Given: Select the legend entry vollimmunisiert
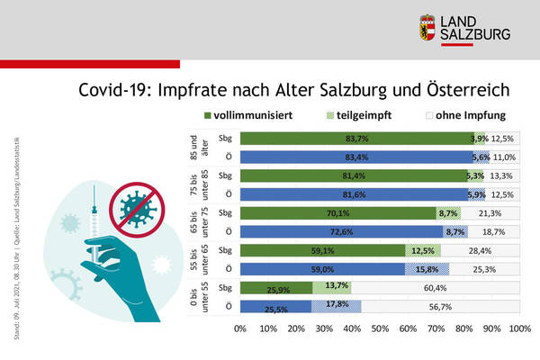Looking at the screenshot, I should [x=257, y=115].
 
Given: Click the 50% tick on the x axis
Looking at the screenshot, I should [x=380, y=330].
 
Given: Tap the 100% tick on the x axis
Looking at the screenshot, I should [x=519, y=330].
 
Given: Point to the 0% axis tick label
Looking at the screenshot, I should [x=240, y=330].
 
